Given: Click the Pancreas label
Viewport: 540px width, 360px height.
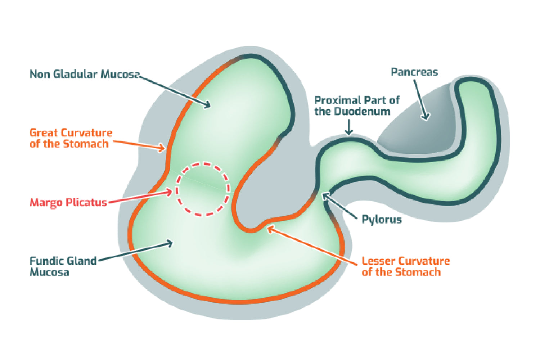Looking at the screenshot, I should (x=414, y=72).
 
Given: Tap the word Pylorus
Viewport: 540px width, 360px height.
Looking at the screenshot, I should (x=381, y=219).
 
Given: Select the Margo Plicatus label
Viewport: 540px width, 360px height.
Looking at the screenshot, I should (x=68, y=202).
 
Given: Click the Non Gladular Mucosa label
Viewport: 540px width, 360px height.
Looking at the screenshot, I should (x=84, y=74).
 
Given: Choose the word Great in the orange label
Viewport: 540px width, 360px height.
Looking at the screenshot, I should (x=44, y=133).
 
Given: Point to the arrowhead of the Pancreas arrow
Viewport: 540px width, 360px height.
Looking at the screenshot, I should (x=426, y=117).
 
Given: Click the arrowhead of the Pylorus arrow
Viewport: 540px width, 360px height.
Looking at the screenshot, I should (x=324, y=195).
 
